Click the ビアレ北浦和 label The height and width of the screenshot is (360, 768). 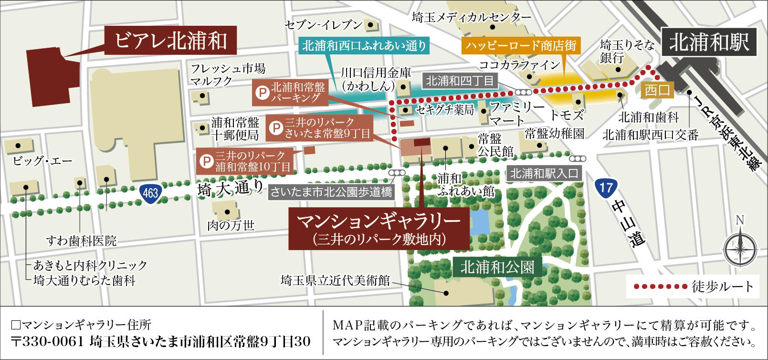(x=170, y=41)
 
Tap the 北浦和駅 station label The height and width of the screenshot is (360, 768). (x=709, y=42)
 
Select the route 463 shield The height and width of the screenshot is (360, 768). (x=150, y=193)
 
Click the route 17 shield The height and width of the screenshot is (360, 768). (x=606, y=187)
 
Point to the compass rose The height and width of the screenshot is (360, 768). (x=740, y=249)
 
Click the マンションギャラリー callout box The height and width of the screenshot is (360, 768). (x=379, y=228)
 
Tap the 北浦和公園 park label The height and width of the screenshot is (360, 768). (x=497, y=267)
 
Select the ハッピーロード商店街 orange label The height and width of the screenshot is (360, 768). (x=521, y=46)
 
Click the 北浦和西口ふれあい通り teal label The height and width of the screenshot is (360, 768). (x=364, y=46)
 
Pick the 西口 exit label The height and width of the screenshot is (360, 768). (x=657, y=90)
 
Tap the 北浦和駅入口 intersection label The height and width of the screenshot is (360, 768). (x=544, y=173)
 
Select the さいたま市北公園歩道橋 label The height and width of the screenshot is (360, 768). (x=331, y=192)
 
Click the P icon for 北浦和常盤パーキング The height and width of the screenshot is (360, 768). (x=262, y=92)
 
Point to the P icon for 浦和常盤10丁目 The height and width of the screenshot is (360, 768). (x=206, y=161)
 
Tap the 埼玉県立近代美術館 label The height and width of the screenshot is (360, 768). (x=335, y=280)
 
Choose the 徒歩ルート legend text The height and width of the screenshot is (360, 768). (x=723, y=286)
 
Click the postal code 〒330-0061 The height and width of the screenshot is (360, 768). (x=48, y=342)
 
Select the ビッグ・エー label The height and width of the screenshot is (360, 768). (x=42, y=161)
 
